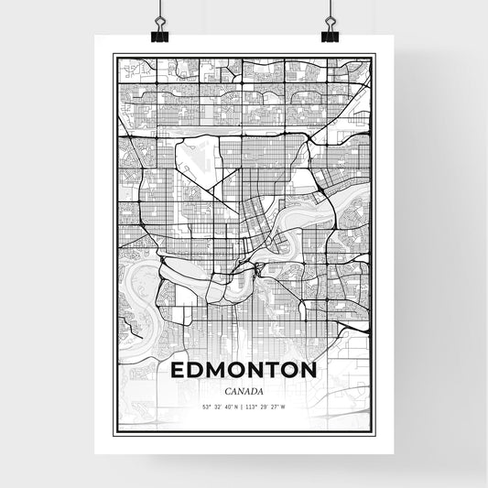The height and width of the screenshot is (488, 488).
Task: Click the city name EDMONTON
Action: click(x=244, y=372)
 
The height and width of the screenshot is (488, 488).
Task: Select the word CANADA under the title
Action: click(x=244, y=391)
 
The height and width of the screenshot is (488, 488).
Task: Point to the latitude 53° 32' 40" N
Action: click(x=219, y=407)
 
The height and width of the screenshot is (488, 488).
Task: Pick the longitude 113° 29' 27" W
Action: click(x=268, y=407)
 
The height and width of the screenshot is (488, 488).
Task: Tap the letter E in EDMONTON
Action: click(x=177, y=372)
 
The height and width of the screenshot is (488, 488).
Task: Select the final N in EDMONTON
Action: click(x=309, y=372)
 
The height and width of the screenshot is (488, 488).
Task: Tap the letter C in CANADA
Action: click(x=228, y=391)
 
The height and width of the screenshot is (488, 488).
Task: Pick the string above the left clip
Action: click(x=158, y=9)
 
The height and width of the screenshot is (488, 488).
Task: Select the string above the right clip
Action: click(x=329, y=9)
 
